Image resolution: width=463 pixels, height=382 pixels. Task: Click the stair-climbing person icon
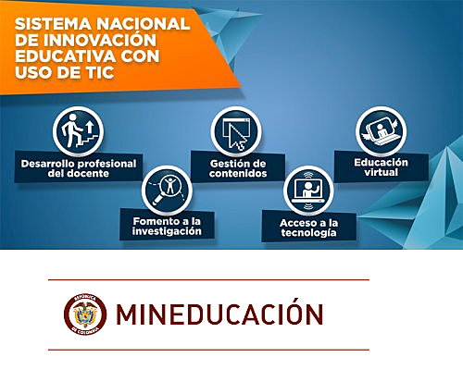tap(78, 132)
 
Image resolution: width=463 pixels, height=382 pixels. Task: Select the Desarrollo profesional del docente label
tap(78, 168)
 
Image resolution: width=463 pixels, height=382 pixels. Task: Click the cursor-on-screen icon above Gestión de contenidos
tap(232, 130)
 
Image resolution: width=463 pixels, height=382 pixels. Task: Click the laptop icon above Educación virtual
tap(381, 130)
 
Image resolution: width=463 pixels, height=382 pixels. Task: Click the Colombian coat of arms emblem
tap(84, 314)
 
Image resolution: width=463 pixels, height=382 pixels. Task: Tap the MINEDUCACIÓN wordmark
tap(219, 314)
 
